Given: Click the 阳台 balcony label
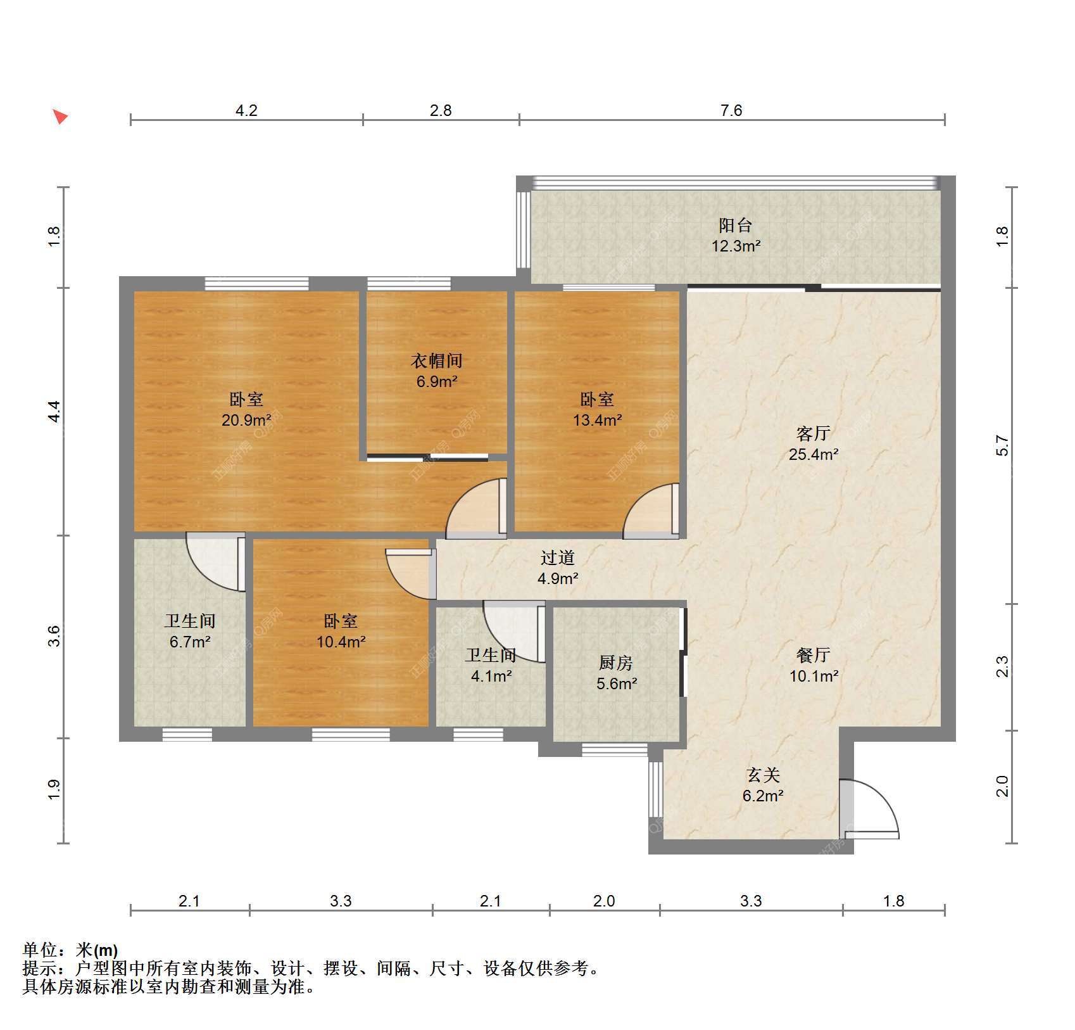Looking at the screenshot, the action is [x=735, y=225].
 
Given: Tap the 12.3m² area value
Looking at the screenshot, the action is [x=735, y=246].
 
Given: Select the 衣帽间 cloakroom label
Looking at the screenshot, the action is [x=437, y=360].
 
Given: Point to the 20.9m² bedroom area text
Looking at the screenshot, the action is [x=246, y=419].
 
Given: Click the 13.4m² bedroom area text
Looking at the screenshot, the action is [x=597, y=419].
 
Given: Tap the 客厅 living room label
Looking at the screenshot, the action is [x=814, y=433].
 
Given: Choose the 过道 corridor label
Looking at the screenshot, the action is [x=558, y=557].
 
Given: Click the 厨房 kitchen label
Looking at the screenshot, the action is [x=616, y=663].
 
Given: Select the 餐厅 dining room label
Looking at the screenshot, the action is [x=814, y=655].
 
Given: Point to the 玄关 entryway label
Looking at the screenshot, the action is [x=763, y=775].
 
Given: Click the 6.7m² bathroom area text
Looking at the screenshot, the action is [x=190, y=642].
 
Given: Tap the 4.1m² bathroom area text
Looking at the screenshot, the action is [x=491, y=677].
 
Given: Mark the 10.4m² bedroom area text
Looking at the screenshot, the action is [x=341, y=642].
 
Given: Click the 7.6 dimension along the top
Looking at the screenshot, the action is [x=731, y=110].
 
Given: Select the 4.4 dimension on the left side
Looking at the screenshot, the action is [x=55, y=412].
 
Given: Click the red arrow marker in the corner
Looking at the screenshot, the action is [x=60, y=117].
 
